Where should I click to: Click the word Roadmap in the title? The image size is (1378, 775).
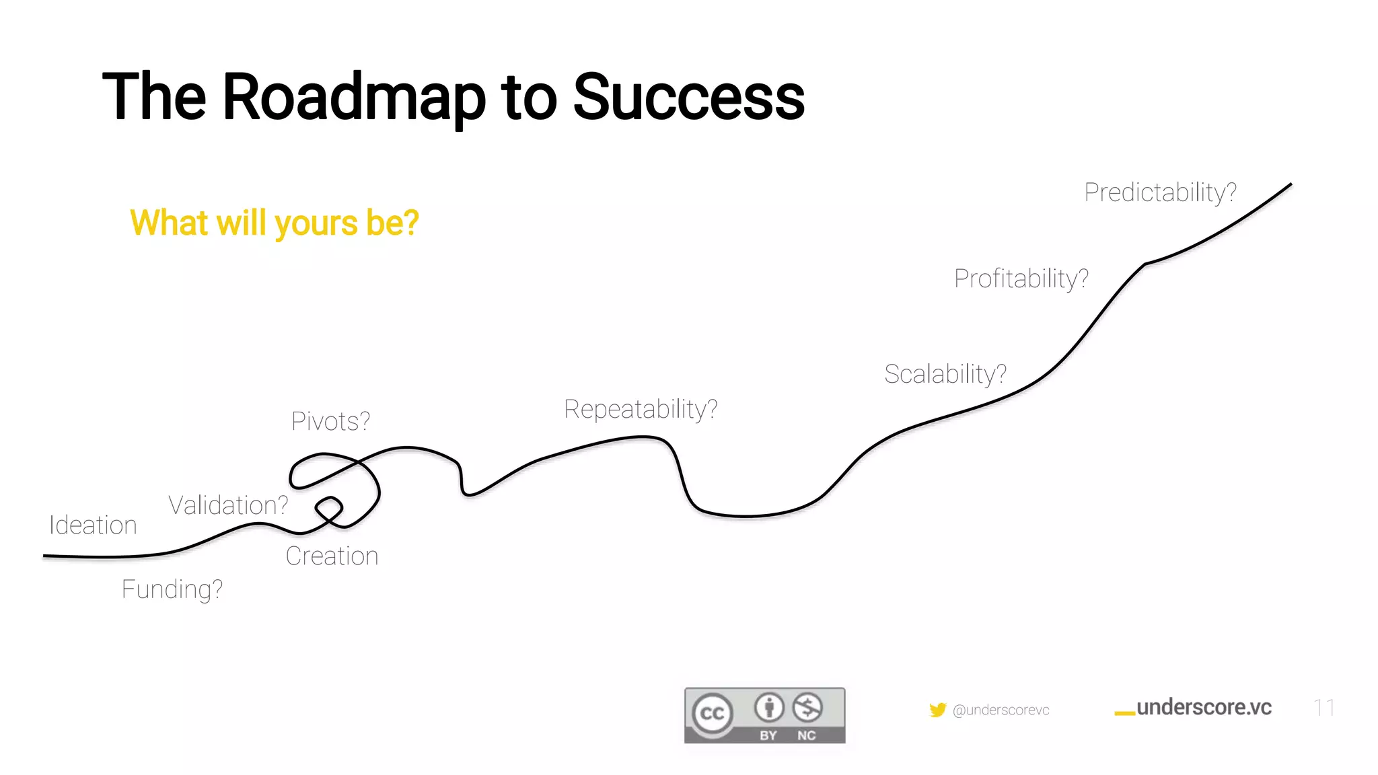pyautogui.click(x=353, y=98)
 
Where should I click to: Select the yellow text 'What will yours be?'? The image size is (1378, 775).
pyautogui.click(x=275, y=223)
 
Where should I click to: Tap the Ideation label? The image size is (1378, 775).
pyautogui.click(x=93, y=525)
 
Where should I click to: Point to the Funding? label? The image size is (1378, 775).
pyautogui.click(x=172, y=589)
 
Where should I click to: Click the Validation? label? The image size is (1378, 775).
pyautogui.click(x=228, y=505)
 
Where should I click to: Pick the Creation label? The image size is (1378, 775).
pyautogui.click(x=332, y=556)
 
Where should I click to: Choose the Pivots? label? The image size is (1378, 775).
pyautogui.click(x=330, y=422)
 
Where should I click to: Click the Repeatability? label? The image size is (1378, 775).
pyautogui.click(x=641, y=409)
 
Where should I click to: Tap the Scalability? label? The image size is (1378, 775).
pyautogui.click(x=945, y=374)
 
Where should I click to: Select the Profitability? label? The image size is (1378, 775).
pyautogui.click(x=1021, y=279)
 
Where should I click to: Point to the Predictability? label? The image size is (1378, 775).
pyautogui.click(x=1160, y=192)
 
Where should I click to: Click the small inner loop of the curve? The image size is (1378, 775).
pyautogui.click(x=329, y=509)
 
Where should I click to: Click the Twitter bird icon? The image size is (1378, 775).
pyautogui.click(x=937, y=710)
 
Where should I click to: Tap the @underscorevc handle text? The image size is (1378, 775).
pyautogui.click(x=1001, y=710)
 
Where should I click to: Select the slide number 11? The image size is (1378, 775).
pyautogui.click(x=1323, y=708)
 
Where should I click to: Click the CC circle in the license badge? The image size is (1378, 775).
pyautogui.click(x=713, y=713)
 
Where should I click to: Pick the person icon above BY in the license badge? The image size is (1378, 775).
pyautogui.click(x=768, y=708)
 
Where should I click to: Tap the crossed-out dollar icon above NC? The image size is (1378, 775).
pyautogui.click(x=807, y=708)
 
